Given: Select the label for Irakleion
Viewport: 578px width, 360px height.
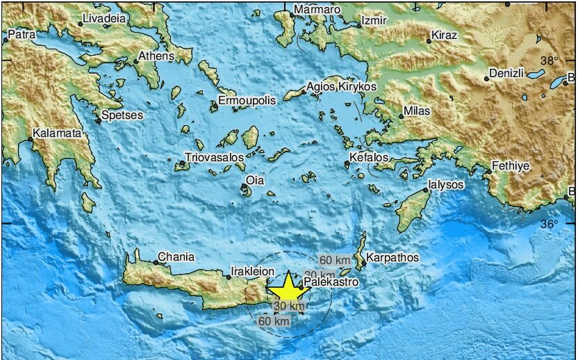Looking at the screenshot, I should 254,272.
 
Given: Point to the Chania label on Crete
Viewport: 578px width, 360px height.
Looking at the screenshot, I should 176,256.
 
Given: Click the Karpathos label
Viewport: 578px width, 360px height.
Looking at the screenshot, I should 393,257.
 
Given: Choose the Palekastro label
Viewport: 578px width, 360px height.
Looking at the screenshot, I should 331,282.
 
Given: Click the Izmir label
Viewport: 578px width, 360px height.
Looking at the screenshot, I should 374,21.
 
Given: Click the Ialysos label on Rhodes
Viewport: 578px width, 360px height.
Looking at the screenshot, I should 446,185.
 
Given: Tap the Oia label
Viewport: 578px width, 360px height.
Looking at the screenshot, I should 256,181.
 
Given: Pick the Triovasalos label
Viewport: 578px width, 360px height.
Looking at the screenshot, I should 215,158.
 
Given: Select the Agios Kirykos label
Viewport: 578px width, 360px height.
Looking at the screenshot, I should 342,87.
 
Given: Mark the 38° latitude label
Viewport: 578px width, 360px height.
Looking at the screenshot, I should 550,60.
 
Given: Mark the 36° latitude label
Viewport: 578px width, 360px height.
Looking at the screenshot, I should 550,224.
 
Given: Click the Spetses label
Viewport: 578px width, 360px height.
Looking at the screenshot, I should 122,115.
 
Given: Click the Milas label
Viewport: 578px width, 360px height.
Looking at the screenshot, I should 418,111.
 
